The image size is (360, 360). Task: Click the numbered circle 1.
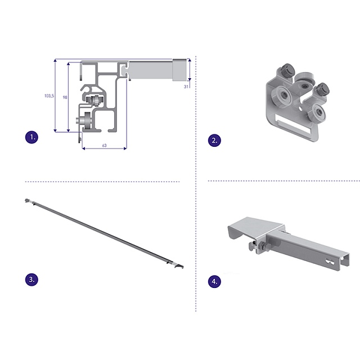click(31, 137)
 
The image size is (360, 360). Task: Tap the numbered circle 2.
click(214, 141)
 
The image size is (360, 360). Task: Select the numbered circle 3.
click(31, 280)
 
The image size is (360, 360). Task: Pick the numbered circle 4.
click(214, 281)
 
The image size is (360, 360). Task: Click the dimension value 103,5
click(49, 96)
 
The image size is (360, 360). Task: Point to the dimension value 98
click(65, 97)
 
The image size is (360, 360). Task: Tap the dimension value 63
click(104, 146)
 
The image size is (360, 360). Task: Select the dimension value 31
click(186, 87)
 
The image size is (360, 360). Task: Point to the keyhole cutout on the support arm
click(330, 262)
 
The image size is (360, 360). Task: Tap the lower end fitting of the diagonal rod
click(178, 266)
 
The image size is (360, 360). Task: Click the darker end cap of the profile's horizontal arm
click(180, 70)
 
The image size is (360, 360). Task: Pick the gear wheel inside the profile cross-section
click(95, 101)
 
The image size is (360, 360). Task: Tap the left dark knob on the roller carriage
click(286, 70)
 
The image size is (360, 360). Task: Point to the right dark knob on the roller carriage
click(322, 89)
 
